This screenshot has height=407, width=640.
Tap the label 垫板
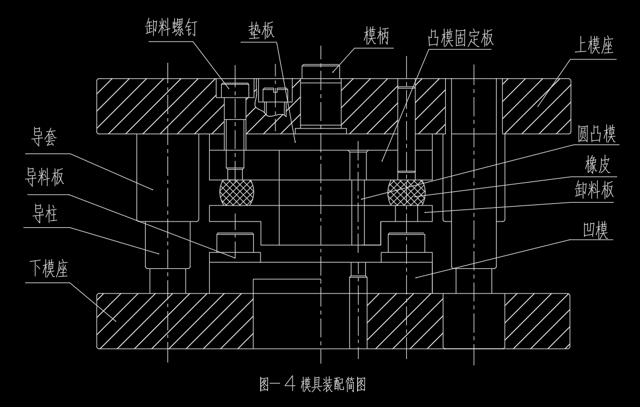(x=261, y=30)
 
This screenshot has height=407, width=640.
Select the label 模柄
(x=377, y=37)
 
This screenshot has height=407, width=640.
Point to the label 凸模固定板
(x=461, y=38)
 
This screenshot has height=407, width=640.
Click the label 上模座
(x=594, y=46)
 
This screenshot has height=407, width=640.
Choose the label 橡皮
(x=597, y=166)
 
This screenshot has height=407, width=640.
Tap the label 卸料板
(x=594, y=190)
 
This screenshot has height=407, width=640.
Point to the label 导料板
(x=45, y=176)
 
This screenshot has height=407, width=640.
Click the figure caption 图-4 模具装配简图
(x=313, y=384)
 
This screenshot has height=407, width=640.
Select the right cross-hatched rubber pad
(x=406, y=192)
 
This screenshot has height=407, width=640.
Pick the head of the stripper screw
(x=234, y=89)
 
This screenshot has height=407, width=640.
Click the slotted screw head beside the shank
(x=275, y=92)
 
